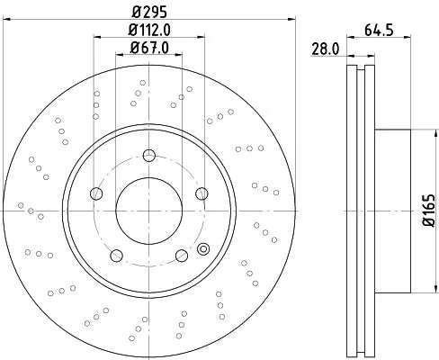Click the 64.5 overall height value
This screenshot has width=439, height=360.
tap(378, 30)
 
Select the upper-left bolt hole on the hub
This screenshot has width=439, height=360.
tap(96, 192)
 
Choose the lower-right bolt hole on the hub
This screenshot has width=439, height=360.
tap(180, 254)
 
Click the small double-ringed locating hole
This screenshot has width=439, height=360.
tap(203, 249)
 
